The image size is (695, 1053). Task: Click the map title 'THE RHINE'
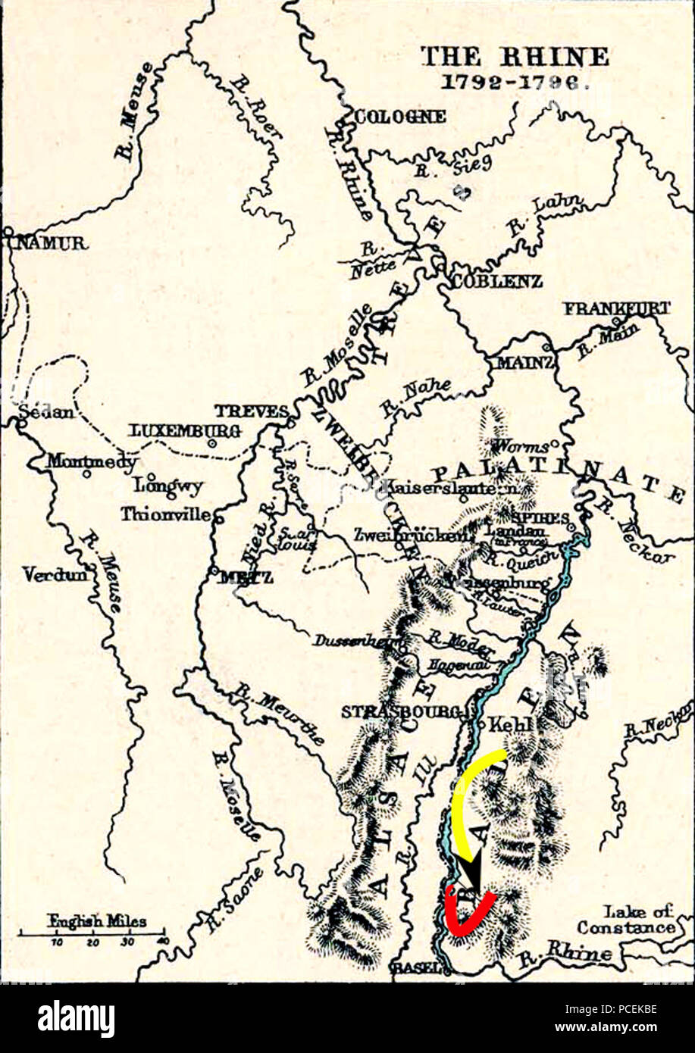point(514,57)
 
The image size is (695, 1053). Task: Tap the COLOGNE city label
point(400,117)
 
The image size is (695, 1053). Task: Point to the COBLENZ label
point(497,281)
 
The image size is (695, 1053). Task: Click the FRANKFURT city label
point(616,308)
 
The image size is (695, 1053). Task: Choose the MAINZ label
point(524,363)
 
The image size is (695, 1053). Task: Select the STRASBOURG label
point(401,712)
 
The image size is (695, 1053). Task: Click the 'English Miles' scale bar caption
point(97,922)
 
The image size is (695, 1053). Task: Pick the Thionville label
point(165,514)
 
